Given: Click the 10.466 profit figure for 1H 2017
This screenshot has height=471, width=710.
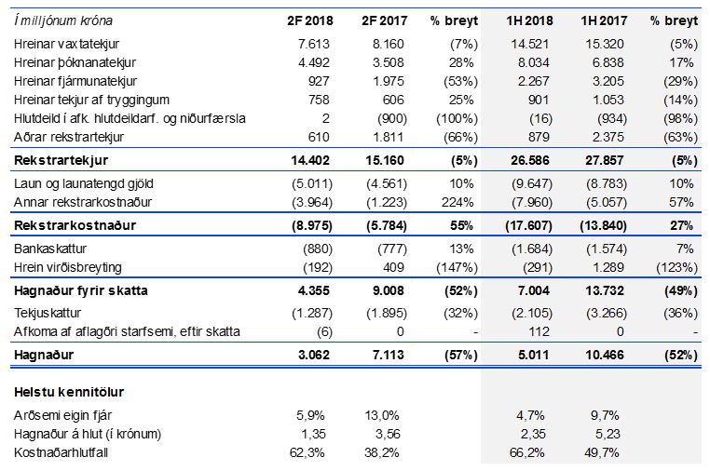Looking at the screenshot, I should click(x=609, y=356).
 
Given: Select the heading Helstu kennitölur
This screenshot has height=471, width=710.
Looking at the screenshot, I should click(x=70, y=392).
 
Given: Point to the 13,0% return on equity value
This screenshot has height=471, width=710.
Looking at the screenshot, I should click(x=380, y=415).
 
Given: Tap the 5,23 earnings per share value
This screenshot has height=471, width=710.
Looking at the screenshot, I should click(x=616, y=434).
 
